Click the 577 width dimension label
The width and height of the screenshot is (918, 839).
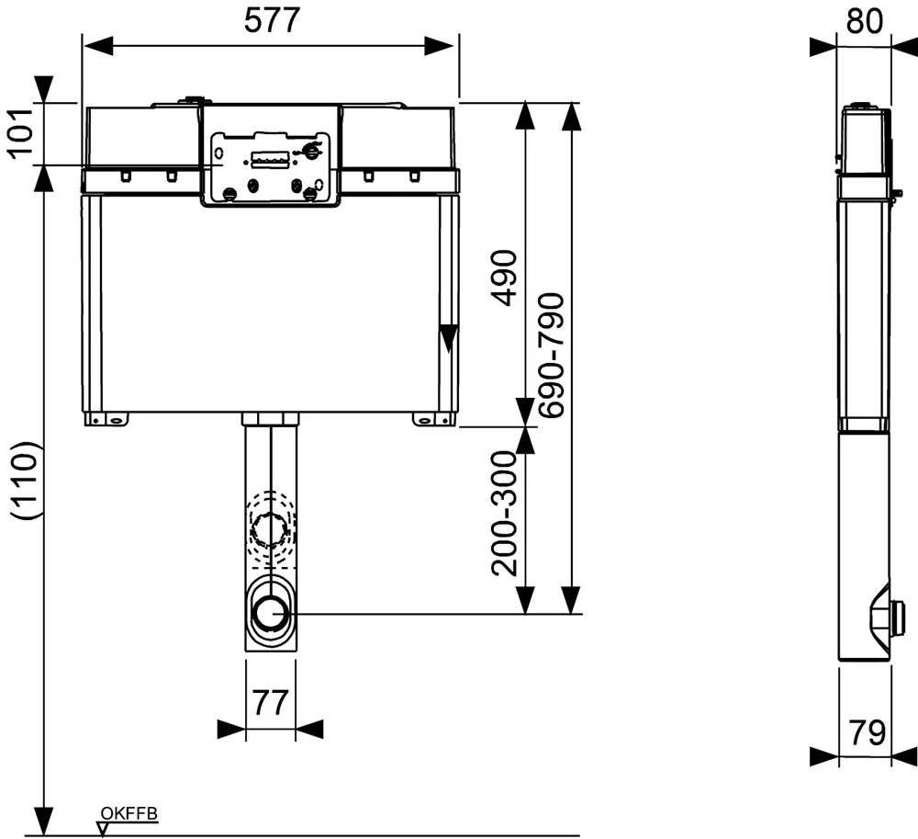[x=272, y=20]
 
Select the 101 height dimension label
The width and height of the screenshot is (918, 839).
[x=20, y=132]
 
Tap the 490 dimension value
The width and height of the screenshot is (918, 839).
[x=504, y=278]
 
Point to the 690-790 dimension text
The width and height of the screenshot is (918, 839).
[x=552, y=356]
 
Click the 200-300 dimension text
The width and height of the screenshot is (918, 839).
[x=505, y=514]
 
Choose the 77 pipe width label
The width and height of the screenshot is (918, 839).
[x=271, y=702]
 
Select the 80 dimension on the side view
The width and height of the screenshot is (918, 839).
[x=864, y=21]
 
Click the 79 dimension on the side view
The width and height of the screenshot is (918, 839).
[x=868, y=732]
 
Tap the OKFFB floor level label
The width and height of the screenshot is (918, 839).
[x=129, y=814]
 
